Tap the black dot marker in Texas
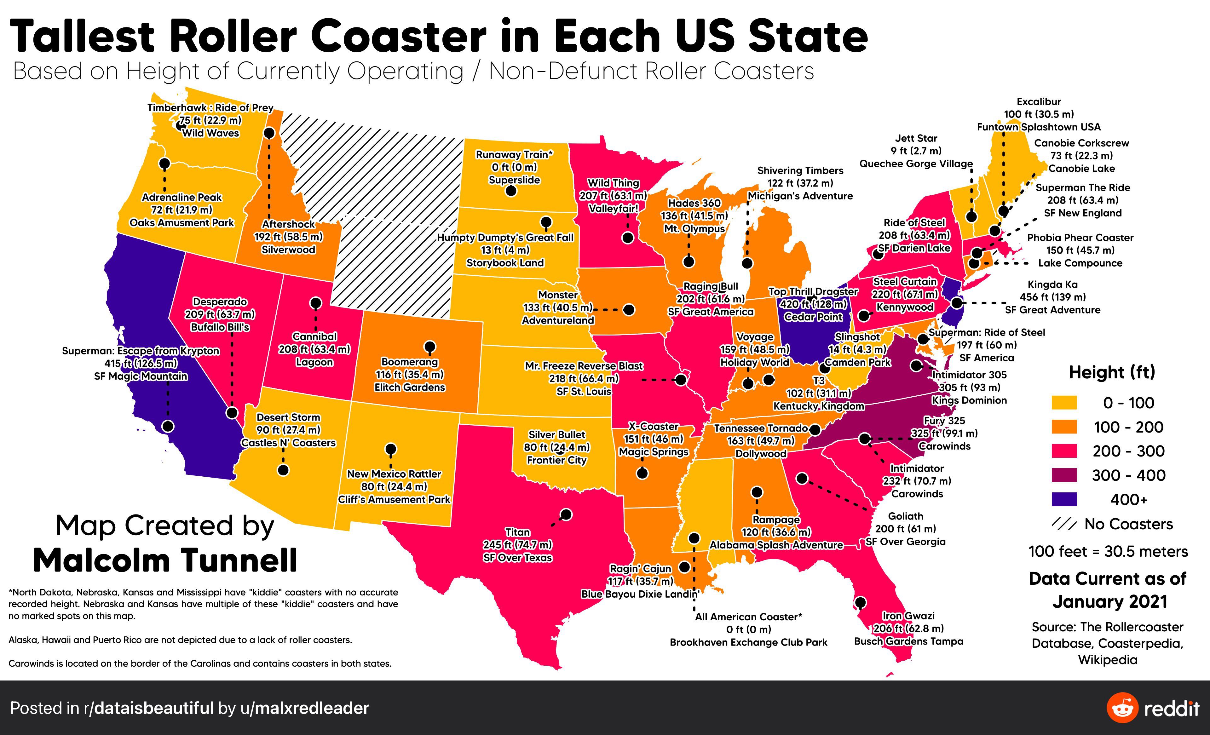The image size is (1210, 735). (x=566, y=514)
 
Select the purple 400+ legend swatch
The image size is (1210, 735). (x=1064, y=499)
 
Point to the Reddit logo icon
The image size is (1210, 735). (x=1122, y=708)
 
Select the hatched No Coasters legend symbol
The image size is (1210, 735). (x=1064, y=524)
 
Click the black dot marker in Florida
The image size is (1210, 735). (x=860, y=602)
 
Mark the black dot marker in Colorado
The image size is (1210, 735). (x=430, y=346)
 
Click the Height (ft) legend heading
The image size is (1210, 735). (x=1112, y=372)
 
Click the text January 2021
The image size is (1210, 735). (x=1109, y=601)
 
